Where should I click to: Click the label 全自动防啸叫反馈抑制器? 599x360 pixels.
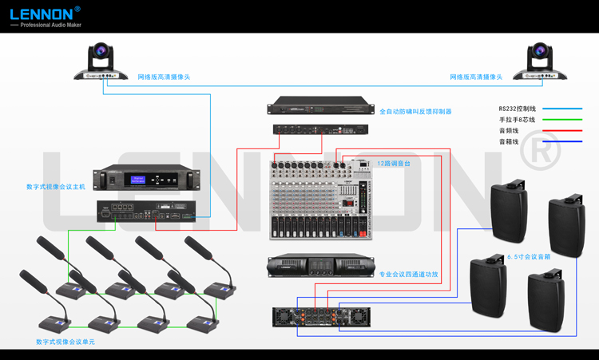click(x=415, y=112)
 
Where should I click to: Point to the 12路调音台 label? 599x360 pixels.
click(x=394, y=163)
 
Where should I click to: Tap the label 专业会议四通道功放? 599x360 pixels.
click(x=408, y=274)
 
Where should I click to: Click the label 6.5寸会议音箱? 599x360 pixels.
click(x=529, y=257)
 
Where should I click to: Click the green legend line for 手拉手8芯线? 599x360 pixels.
click(x=562, y=120)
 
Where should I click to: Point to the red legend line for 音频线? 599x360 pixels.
click(x=562, y=130)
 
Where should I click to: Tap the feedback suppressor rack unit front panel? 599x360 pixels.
click(x=319, y=105)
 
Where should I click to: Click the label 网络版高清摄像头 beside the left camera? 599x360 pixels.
click(x=164, y=77)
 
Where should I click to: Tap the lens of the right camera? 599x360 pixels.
click(x=540, y=55)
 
